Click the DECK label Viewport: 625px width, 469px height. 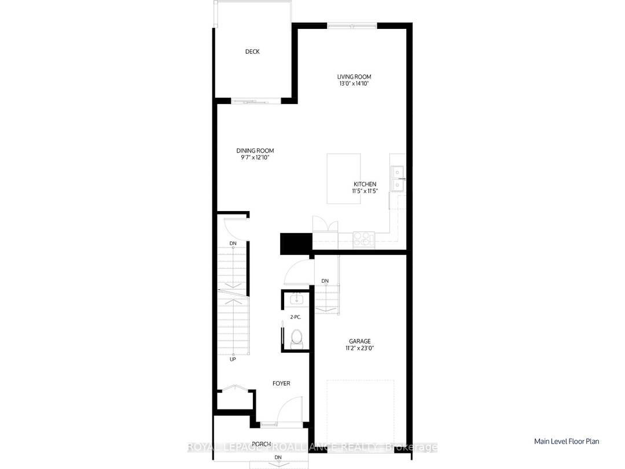pyautogui.click(x=252, y=51)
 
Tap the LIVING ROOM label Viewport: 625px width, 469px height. pyautogui.click(x=354, y=76)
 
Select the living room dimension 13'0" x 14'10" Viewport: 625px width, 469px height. pyautogui.click(x=354, y=84)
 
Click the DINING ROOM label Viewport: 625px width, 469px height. pyautogui.click(x=255, y=151)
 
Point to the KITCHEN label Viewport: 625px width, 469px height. pyautogui.click(x=365, y=184)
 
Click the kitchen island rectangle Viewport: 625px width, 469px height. pyautogui.click(x=343, y=178)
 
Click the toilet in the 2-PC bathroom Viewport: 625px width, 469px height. pyautogui.click(x=297, y=336)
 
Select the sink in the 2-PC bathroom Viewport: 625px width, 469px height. pyautogui.click(x=296, y=298)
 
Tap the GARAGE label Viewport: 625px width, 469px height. pyautogui.click(x=359, y=341)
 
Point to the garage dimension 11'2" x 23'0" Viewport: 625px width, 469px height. pyautogui.click(x=359, y=349)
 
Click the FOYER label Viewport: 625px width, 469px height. pyautogui.click(x=281, y=383)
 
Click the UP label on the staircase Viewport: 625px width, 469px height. pyautogui.click(x=233, y=359)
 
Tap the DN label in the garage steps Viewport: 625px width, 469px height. pyautogui.click(x=325, y=281)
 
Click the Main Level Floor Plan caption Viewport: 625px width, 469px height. pyautogui.click(x=567, y=441)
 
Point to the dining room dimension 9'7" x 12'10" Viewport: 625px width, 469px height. pyautogui.click(x=255, y=158)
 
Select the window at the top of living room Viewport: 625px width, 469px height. pyautogui.click(x=352, y=25)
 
